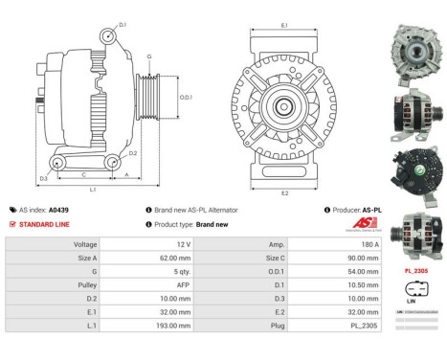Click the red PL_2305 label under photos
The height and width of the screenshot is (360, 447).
[x=415, y=271]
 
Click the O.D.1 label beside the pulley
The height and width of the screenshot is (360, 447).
[x=188, y=97]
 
